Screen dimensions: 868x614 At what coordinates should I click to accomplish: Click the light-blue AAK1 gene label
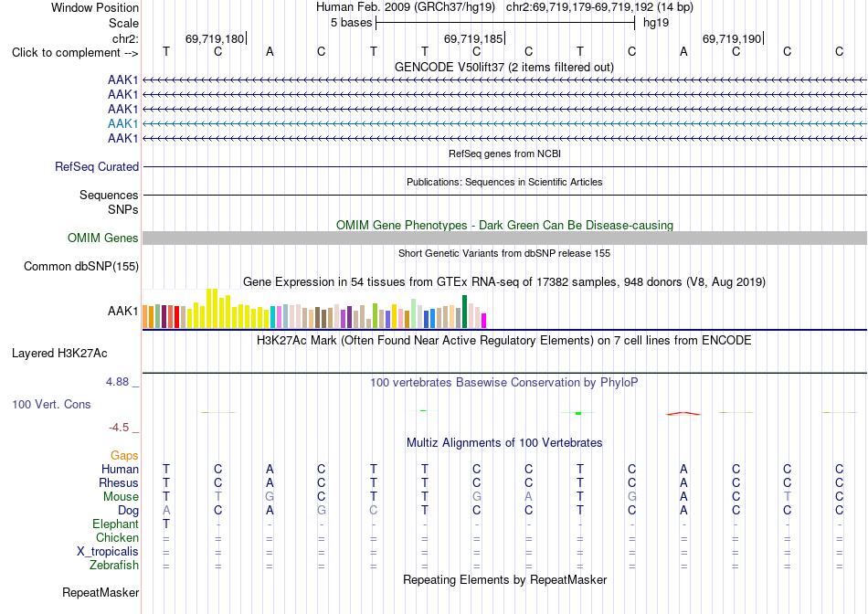(x=123, y=123)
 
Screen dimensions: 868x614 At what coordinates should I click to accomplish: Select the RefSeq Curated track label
(x=97, y=166)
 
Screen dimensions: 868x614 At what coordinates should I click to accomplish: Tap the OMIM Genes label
(x=103, y=238)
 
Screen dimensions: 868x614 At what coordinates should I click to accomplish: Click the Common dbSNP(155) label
(x=81, y=266)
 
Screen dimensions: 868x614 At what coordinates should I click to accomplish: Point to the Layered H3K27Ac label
(x=59, y=354)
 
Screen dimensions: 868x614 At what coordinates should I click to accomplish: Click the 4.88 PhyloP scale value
(x=117, y=382)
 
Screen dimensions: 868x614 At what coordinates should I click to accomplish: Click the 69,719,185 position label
(x=473, y=38)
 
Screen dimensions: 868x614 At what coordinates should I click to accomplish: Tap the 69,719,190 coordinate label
(x=732, y=38)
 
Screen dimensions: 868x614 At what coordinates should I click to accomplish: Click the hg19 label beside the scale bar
(x=656, y=23)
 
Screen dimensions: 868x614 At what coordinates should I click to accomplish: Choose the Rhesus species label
(x=119, y=482)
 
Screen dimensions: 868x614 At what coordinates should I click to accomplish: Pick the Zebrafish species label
(x=114, y=566)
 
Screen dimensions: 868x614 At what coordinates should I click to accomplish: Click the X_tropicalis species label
(x=108, y=552)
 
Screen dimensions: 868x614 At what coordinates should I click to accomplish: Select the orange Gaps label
(x=124, y=455)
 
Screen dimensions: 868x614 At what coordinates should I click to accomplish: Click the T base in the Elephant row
(x=166, y=524)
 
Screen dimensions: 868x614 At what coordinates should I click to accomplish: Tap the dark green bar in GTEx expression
(x=464, y=312)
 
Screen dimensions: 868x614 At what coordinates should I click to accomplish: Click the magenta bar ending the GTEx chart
(x=484, y=321)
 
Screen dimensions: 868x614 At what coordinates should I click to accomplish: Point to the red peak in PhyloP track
(x=683, y=413)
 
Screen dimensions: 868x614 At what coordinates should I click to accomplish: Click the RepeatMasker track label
(x=101, y=592)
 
